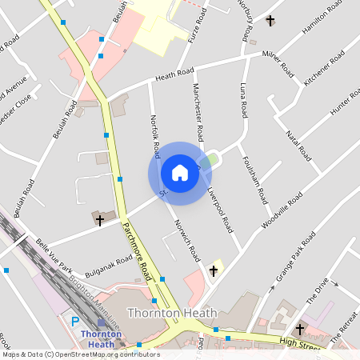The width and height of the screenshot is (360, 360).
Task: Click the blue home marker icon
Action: point(180,173)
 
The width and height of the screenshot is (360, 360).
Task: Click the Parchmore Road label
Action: point(137,249)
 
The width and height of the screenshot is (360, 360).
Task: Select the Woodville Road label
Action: point(282,210)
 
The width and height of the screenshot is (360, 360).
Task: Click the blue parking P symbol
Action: point(75,322)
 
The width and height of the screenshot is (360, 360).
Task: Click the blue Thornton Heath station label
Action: point(101,339)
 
